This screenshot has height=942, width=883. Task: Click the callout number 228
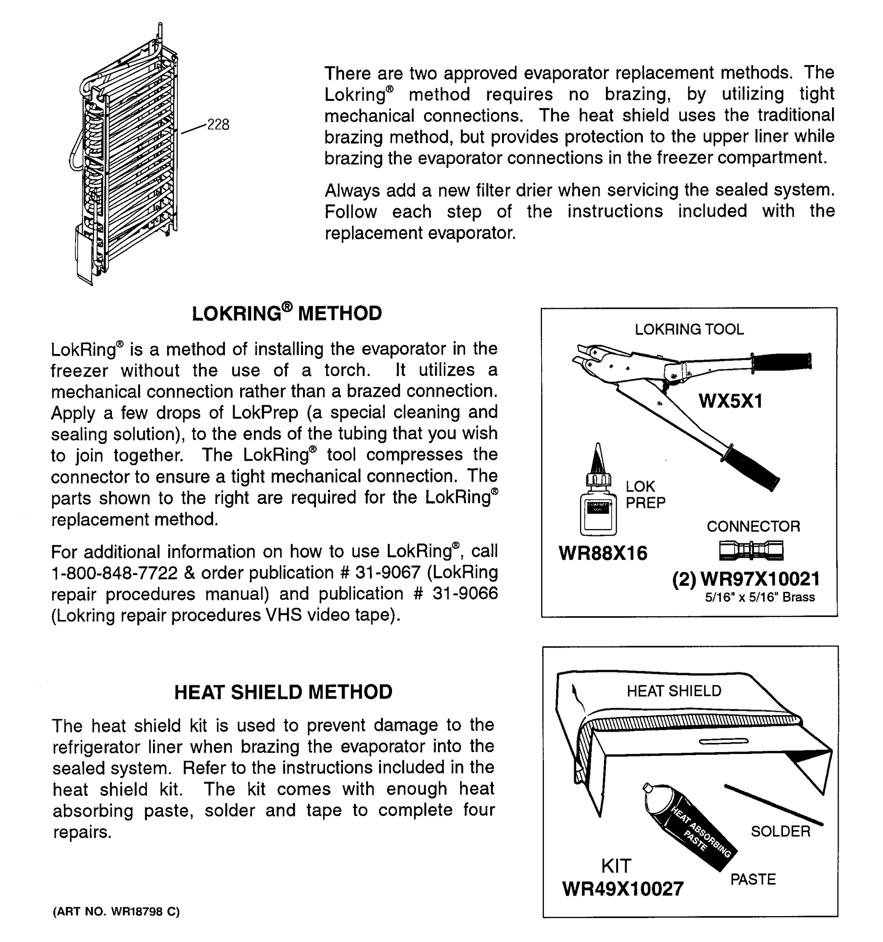(218, 125)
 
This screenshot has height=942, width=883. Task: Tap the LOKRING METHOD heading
(286, 313)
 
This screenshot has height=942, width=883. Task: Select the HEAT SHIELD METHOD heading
(283, 692)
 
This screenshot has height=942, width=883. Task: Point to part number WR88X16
(602, 553)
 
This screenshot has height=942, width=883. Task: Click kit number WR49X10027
(622, 889)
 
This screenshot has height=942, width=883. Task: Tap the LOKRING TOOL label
(689, 329)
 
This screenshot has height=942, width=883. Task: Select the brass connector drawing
(751, 550)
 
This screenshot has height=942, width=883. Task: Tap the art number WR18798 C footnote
(116, 912)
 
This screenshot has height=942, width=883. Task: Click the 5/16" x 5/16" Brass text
(759, 597)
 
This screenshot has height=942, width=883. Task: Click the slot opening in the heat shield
(723, 741)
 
